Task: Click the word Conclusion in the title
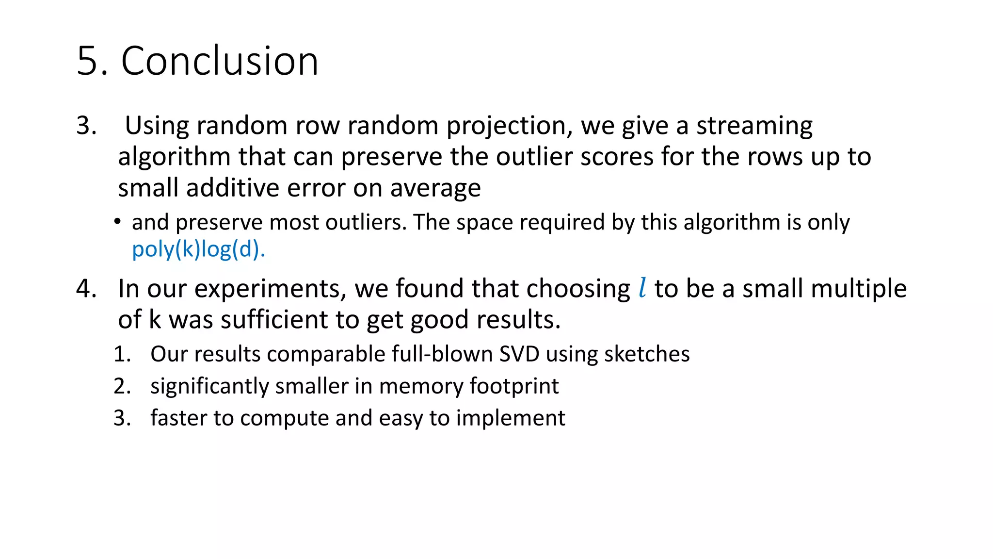click(x=220, y=61)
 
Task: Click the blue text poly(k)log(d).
click(x=198, y=249)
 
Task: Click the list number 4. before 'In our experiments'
click(x=86, y=289)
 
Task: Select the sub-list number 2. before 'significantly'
click(x=122, y=386)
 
